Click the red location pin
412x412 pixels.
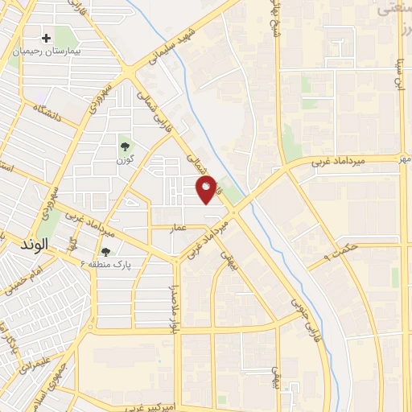[x=208, y=191]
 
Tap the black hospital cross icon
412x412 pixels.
[x=47, y=38]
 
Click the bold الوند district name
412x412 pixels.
[x=33, y=242]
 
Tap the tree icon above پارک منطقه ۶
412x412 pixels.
[x=105, y=252]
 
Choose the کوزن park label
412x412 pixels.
[x=124, y=159]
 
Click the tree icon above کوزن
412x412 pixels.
[x=125, y=146]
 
